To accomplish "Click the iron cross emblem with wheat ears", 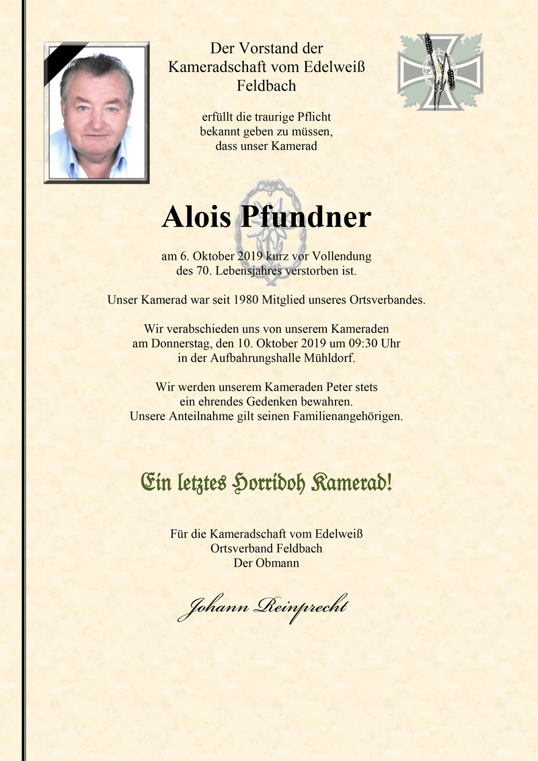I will [x=440, y=72].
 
